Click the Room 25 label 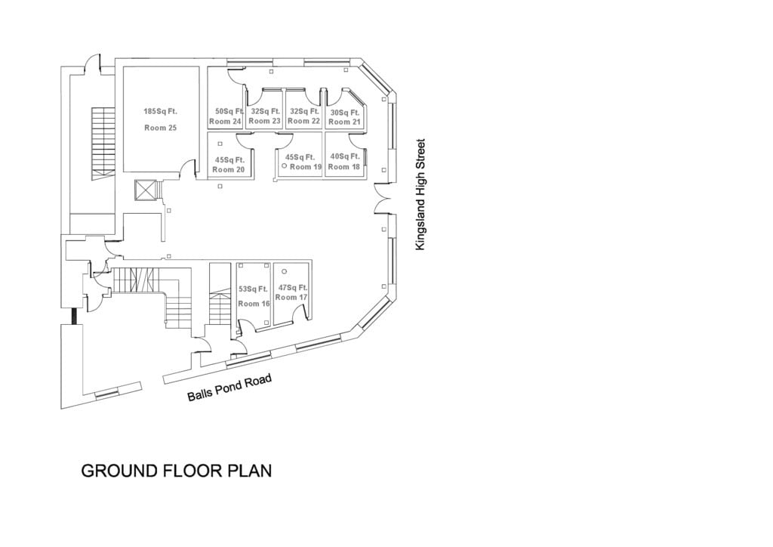(160, 128)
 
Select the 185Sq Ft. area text (160, 112)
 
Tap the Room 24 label (225, 122)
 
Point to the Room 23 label (264, 121)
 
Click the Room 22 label (303, 121)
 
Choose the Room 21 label (344, 122)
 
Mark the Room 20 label (228, 170)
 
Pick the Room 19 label (306, 167)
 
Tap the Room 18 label (344, 167)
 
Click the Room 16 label (254, 304)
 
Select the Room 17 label (291, 298)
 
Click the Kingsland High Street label (421, 194)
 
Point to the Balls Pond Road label (229, 388)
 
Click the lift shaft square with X (144, 190)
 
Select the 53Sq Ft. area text (254, 289)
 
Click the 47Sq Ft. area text (293, 288)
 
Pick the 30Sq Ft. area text (345, 113)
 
